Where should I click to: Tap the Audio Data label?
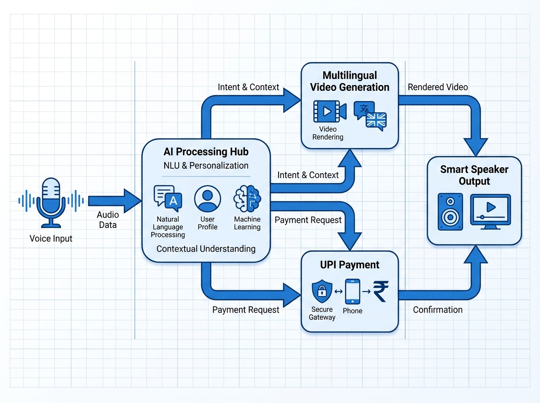108,220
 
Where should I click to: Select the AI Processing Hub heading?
206,152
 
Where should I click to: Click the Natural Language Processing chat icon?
167,198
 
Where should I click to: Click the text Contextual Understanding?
206,249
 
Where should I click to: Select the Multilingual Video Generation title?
350,81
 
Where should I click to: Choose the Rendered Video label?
438,87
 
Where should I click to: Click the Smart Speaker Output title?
474,175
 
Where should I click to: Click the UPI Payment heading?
350,265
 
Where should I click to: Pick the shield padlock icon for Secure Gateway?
322,291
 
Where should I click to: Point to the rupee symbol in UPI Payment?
381,291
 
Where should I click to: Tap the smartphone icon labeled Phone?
352,291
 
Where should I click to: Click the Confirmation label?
438,309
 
